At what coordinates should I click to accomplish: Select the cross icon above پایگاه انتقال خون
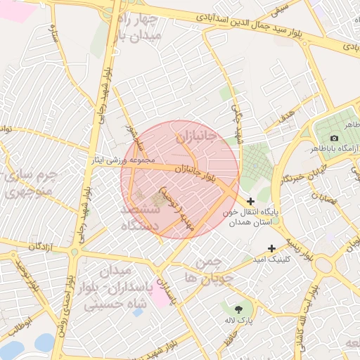[x=251, y=202]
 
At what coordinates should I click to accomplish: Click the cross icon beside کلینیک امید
[x=272, y=247]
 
